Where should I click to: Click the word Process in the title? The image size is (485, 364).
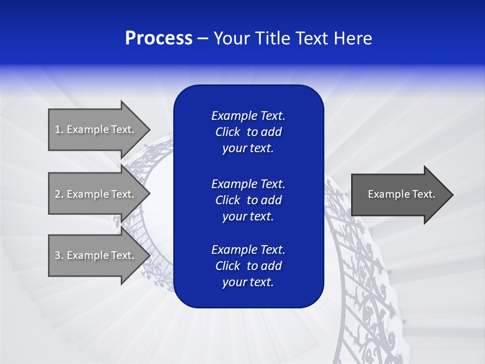pos(159,38)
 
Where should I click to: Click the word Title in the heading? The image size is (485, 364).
pos(273,38)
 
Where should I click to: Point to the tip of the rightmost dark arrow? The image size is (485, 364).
pos(452,195)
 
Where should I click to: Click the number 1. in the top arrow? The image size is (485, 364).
pos(59,129)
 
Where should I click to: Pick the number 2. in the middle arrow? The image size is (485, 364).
pos(59,194)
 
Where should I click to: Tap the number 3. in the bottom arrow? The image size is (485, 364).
pos(59,255)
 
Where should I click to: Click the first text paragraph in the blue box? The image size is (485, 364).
pos(248,132)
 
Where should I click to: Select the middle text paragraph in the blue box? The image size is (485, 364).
pos(248,200)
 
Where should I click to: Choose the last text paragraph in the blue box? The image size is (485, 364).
pos(248,266)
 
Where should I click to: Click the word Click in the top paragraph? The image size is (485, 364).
pos(227,132)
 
